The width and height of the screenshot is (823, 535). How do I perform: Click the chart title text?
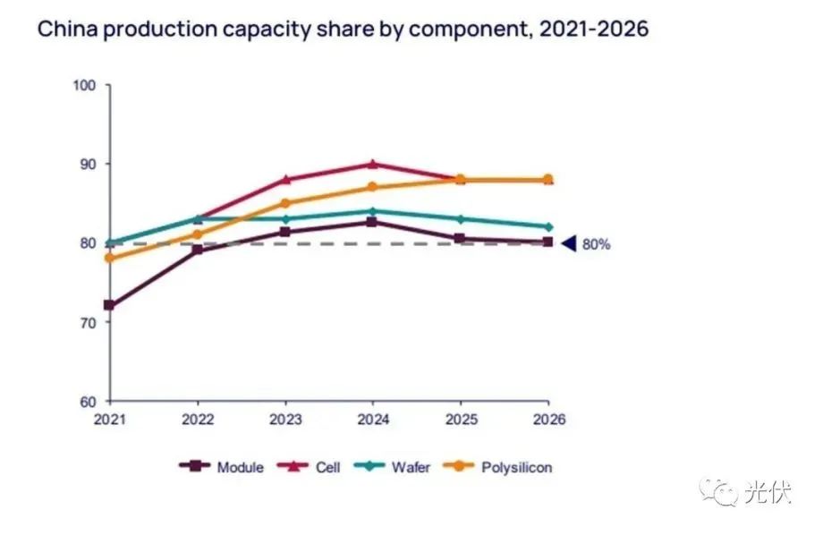point(342,29)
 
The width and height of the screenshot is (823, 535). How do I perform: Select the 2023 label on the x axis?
point(285,419)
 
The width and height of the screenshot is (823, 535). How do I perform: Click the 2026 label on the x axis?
point(548,419)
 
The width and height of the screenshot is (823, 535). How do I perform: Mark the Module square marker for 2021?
point(110,305)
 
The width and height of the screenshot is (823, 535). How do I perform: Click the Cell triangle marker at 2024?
point(372,164)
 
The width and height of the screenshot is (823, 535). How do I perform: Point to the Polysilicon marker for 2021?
point(110,258)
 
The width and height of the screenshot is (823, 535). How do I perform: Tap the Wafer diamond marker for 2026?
point(548,226)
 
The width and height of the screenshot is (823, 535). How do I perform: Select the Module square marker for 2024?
point(372,222)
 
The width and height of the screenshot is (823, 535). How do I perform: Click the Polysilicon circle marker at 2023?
point(285,203)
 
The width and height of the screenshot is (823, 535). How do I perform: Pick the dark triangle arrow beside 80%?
point(567,243)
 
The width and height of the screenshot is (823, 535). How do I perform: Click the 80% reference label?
point(596,243)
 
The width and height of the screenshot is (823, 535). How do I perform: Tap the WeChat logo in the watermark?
point(719,491)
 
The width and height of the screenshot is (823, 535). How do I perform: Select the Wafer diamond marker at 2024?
point(372,211)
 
